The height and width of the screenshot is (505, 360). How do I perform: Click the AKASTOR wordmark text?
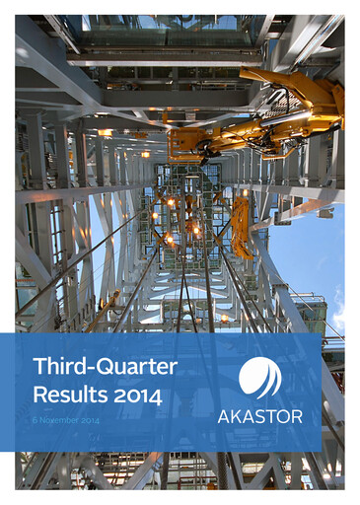coord(258,416)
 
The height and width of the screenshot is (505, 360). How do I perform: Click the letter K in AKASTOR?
coord(236,416)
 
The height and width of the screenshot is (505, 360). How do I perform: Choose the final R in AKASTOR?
coord(296,416)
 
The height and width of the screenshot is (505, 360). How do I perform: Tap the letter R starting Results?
coord(40,396)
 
